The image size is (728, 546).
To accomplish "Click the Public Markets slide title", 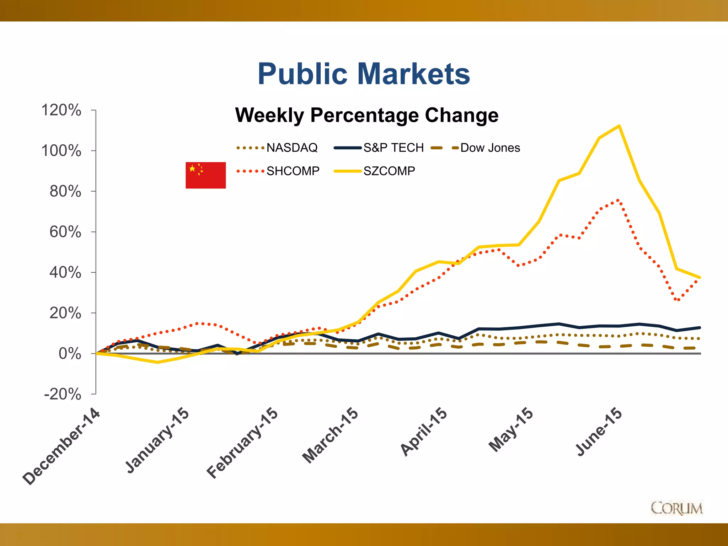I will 364,74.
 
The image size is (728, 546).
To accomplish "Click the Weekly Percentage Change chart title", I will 366,115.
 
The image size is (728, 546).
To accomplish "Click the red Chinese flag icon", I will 205,175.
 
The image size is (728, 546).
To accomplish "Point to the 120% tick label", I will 61,110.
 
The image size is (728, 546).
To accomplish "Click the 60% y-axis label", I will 65,232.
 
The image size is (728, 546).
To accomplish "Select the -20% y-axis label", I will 63,394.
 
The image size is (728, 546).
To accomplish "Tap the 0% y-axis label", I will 70,354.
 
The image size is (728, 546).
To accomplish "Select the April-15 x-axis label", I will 424,432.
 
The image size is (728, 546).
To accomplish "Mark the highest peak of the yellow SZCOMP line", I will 619,126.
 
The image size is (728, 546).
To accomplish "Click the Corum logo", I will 676,508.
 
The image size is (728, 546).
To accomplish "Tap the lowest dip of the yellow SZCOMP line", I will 157,362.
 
